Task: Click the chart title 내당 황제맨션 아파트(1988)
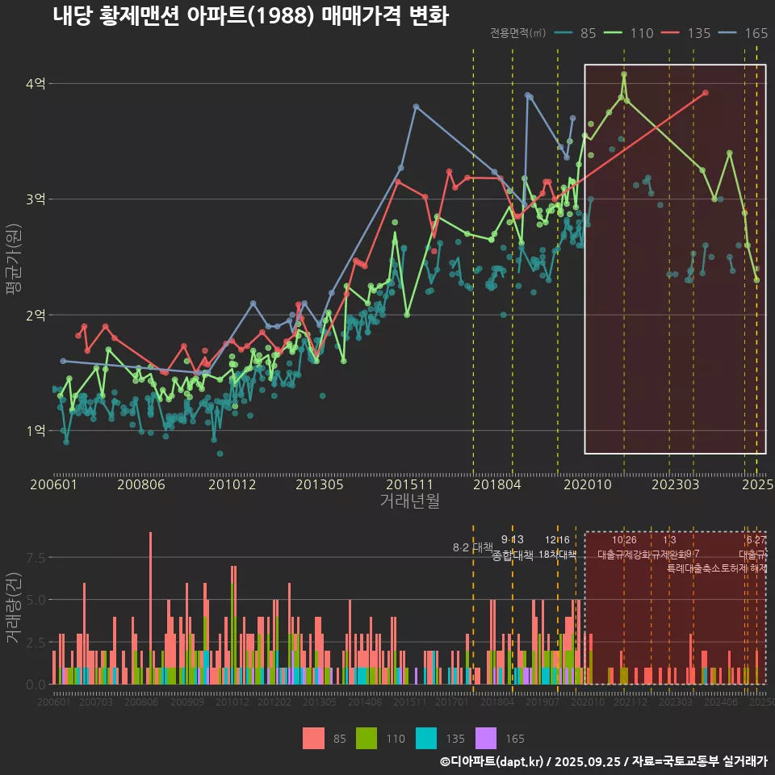250,15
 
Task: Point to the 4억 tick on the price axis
36,83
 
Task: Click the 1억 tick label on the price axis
36,430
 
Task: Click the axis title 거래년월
409,501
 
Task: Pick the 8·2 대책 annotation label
473,547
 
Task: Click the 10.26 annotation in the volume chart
624,540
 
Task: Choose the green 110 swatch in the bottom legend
367,738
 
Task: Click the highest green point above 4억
624,74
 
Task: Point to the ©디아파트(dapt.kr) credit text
493,761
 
